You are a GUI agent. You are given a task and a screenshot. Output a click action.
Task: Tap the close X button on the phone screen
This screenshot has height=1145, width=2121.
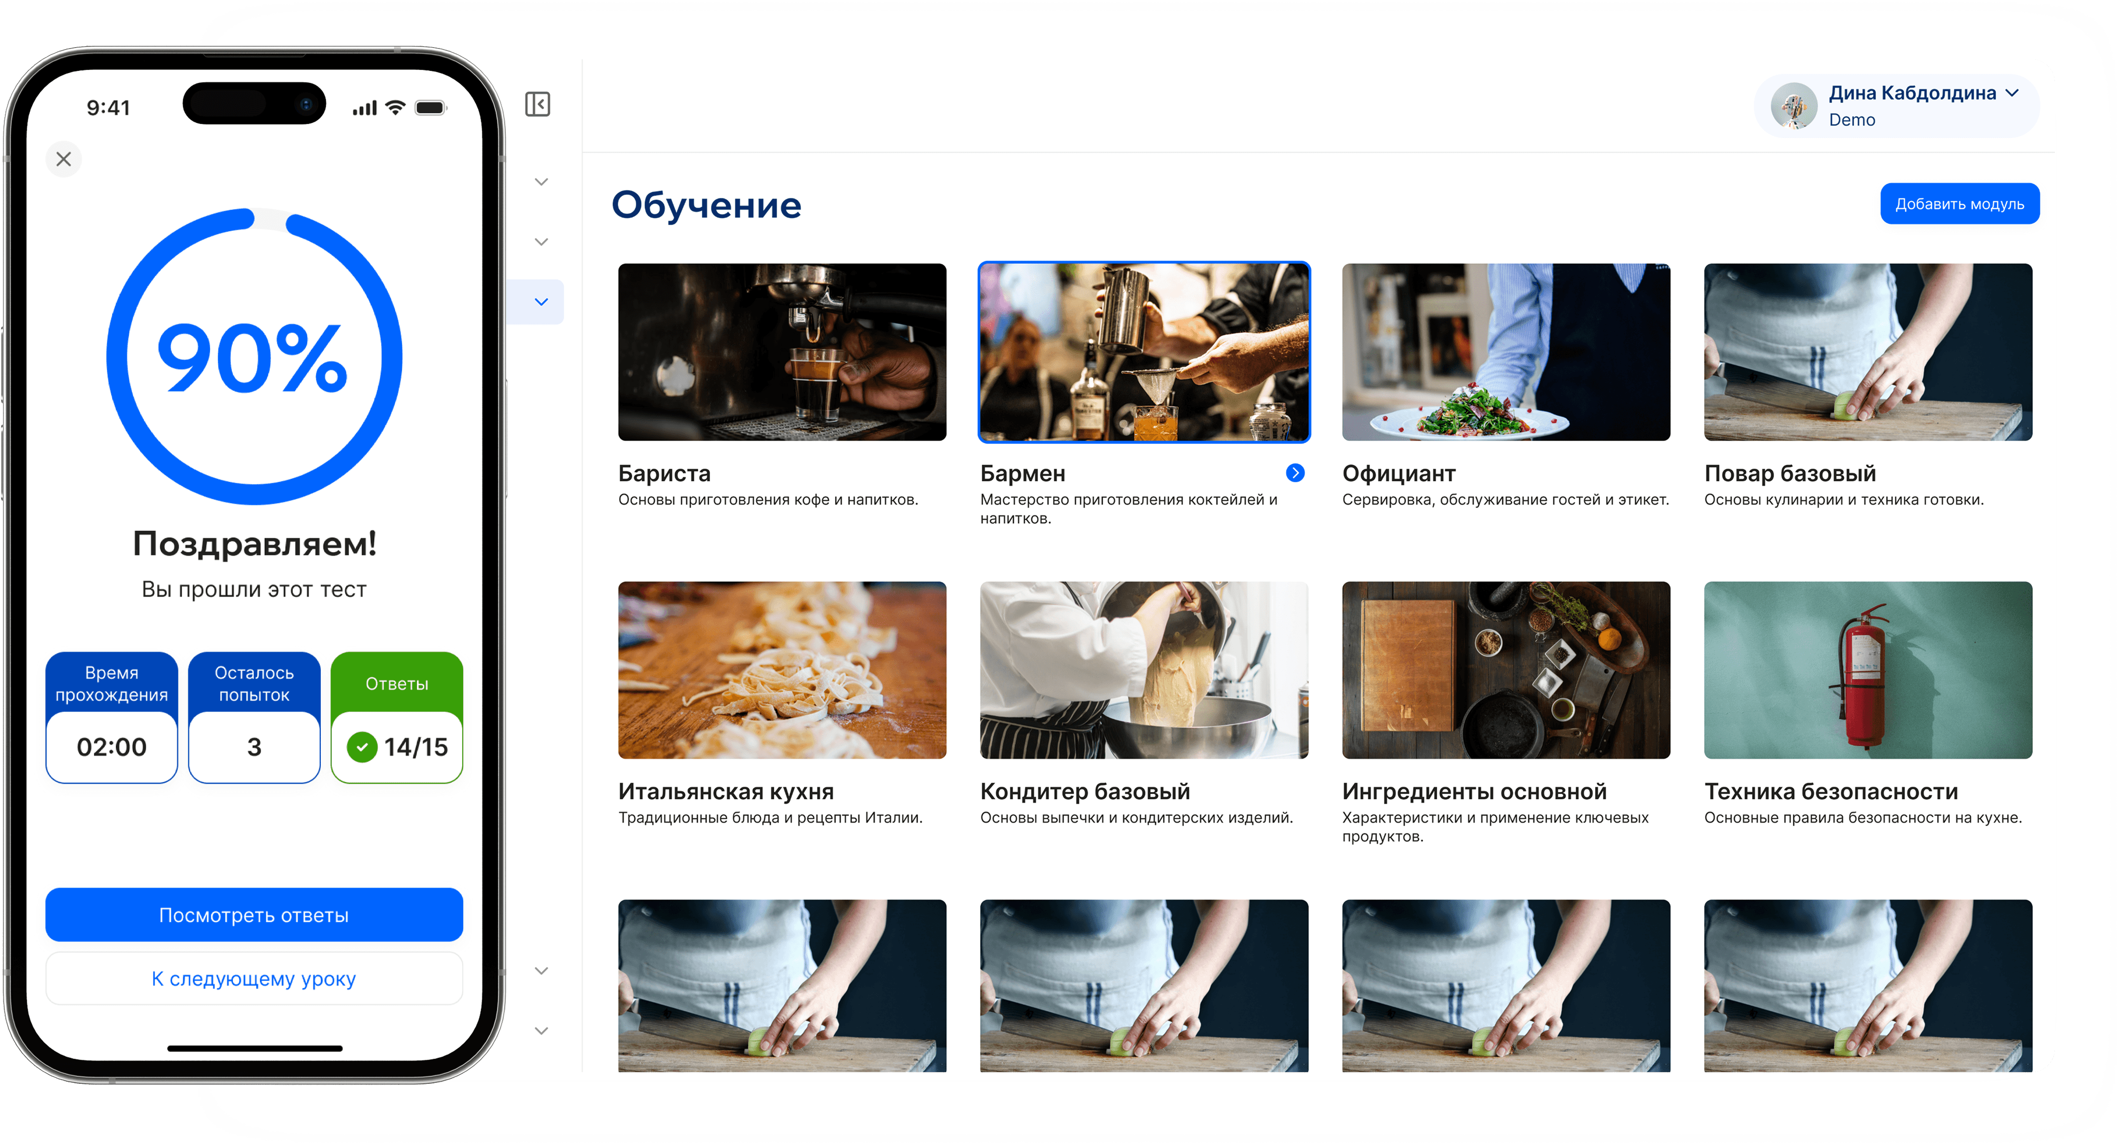[x=63, y=159]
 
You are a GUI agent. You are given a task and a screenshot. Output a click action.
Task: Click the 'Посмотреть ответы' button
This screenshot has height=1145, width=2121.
[x=254, y=915]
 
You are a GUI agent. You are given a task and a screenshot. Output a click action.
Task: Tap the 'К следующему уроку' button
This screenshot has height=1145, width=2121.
[x=254, y=979]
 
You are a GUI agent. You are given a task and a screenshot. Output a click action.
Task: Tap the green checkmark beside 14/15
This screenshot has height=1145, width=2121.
[x=362, y=747]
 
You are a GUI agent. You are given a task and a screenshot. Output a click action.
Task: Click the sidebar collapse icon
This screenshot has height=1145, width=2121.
[x=538, y=105]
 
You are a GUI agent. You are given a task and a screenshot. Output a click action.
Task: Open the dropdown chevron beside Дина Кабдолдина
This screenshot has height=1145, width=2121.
[x=2012, y=93]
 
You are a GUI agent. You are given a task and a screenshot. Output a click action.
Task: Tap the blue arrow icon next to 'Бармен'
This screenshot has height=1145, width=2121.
[x=1295, y=472]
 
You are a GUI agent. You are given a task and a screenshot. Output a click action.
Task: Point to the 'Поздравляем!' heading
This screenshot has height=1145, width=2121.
[x=254, y=544]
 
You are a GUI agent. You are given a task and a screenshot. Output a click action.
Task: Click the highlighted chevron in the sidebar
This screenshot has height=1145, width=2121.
[x=541, y=301]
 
